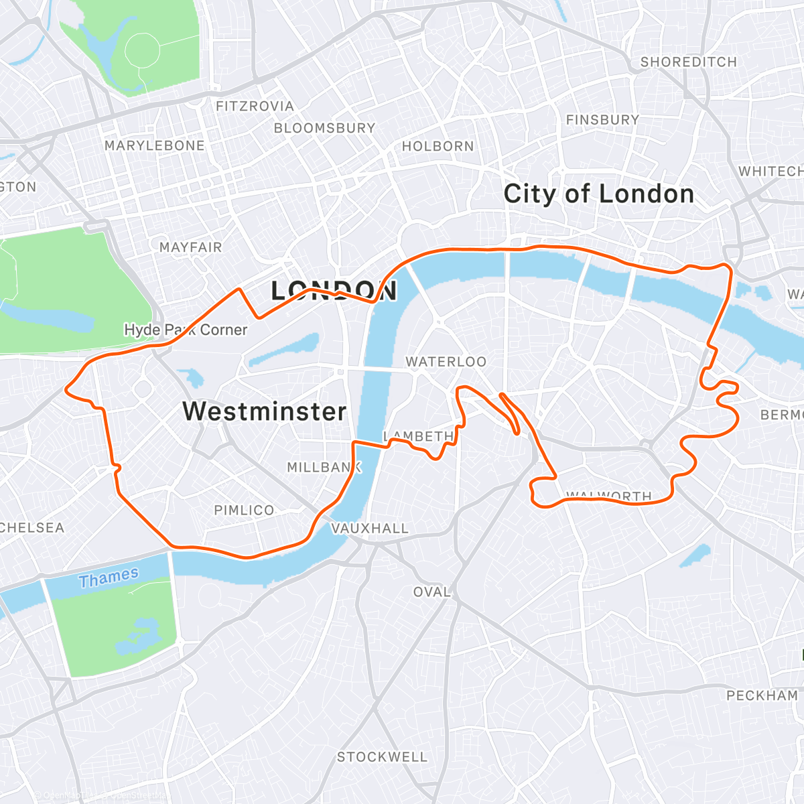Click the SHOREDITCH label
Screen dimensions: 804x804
coord(688,62)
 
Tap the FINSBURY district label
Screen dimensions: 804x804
coord(602,120)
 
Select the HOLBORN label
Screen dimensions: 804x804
coord(438,146)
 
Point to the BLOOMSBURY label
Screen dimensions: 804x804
coord(324,128)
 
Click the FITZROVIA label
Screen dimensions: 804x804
coord(255,107)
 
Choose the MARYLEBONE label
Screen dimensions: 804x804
coord(154,145)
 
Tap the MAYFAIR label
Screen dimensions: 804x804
coord(190,247)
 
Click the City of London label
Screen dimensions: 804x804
coord(598,194)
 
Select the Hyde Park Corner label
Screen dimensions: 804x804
coord(186,330)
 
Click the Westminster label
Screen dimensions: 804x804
coord(264,411)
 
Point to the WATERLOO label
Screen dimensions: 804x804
coord(446,362)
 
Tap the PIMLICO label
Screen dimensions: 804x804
coord(244,511)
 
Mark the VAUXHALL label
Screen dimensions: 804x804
coord(370,529)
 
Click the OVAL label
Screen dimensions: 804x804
coord(431,592)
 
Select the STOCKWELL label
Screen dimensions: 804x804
coord(381,757)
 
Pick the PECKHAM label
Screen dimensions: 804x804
coord(762,695)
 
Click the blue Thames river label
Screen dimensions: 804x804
coord(109,577)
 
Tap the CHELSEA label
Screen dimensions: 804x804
coord(32,528)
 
